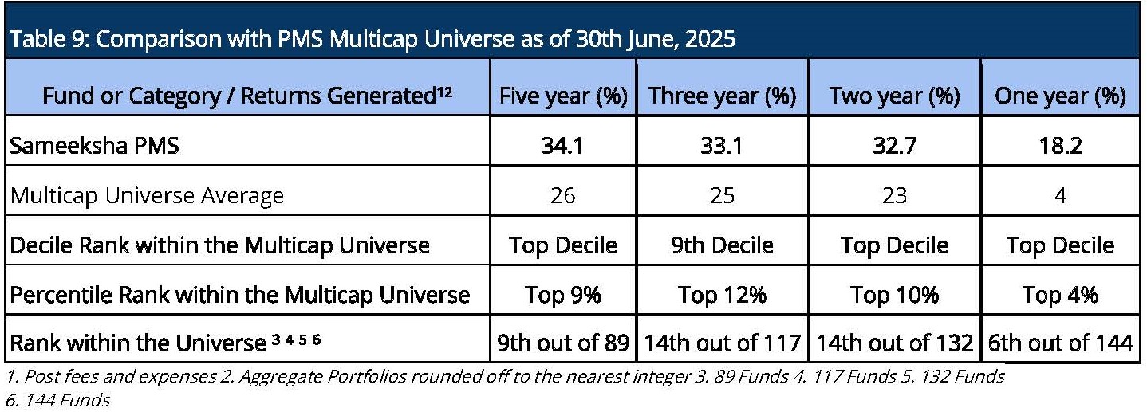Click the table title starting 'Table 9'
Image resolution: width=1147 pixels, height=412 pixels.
coord(372,39)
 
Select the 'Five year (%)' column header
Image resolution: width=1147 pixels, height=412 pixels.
coord(563,96)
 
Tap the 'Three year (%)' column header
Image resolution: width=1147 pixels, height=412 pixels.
coord(722,96)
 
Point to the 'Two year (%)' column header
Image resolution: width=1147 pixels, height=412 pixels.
coord(895,96)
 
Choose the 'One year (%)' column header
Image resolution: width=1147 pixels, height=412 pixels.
coord(1060,96)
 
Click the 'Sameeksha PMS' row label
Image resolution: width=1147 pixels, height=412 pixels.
coord(94,146)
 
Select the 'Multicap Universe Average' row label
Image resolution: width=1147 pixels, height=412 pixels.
coord(147,195)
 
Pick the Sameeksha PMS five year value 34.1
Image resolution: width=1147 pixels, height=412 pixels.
coord(562,146)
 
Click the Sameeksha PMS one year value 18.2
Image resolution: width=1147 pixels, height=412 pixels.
coord(1061,146)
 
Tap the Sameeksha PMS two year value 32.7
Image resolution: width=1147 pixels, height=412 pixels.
coord(895,146)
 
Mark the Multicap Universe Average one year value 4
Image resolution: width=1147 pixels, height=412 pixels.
coord(1061,195)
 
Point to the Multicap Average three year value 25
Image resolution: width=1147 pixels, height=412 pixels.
coord(722,195)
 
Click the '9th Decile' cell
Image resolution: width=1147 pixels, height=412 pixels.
coord(722,245)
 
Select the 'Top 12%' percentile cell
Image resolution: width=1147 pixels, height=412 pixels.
coord(722,295)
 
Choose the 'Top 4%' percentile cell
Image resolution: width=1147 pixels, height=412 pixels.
coord(1060,295)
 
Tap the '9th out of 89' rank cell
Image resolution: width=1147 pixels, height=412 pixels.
coord(563,343)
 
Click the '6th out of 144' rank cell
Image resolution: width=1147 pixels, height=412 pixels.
coord(1060,343)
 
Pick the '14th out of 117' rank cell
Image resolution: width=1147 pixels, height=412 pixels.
coord(722,343)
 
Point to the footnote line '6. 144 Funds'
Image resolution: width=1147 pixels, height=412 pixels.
coord(57,400)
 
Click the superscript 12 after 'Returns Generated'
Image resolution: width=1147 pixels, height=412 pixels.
coord(444,92)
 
